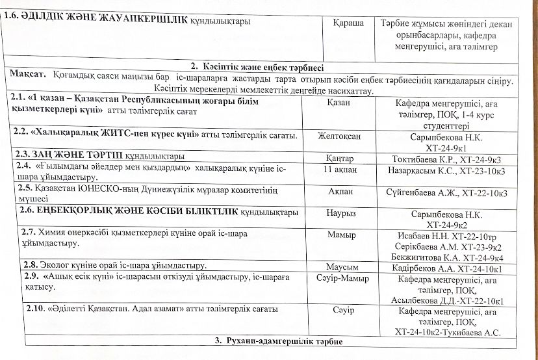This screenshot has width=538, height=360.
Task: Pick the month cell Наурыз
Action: point(343,212)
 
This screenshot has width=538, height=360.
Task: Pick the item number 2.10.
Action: point(35,309)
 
